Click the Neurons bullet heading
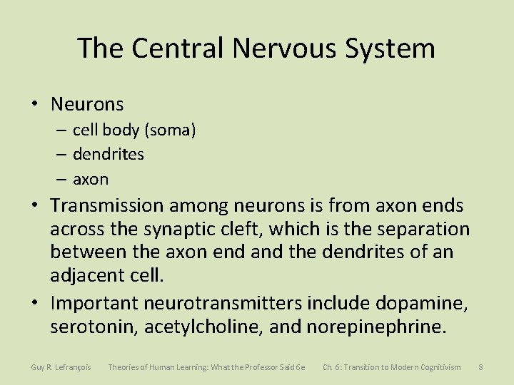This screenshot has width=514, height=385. pos(87,104)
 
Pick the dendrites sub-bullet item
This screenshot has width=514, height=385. pos(109,154)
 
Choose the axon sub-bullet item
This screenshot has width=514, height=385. pos(91,178)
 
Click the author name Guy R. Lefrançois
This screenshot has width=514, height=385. pos(61,367)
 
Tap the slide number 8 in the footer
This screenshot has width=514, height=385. pos(481,367)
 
